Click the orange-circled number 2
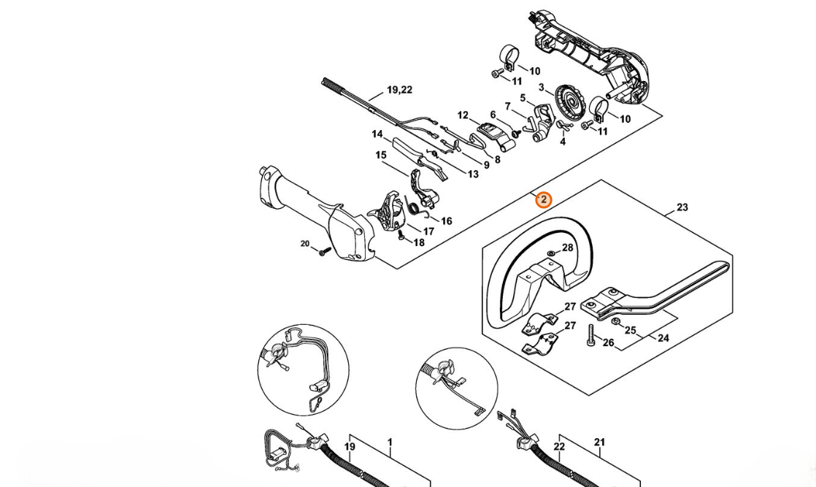pyautogui.click(x=543, y=199)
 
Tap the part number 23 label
pyautogui.click(x=682, y=207)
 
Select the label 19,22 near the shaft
pyautogui.click(x=399, y=90)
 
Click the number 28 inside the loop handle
pyautogui.click(x=567, y=248)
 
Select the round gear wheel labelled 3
pyautogui.click(x=571, y=100)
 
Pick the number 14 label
pyautogui.click(x=377, y=134)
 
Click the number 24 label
pyautogui.click(x=663, y=338)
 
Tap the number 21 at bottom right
pyautogui.click(x=599, y=442)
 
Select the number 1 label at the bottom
pyautogui.click(x=390, y=442)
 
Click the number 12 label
pyautogui.click(x=463, y=115)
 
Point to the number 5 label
pyautogui.click(x=523, y=99)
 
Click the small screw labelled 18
pyautogui.click(x=401, y=235)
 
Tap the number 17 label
pyautogui.click(x=428, y=231)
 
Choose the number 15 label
pyautogui.click(x=380, y=155)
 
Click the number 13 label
pyautogui.click(x=473, y=174)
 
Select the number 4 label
pyautogui.click(x=562, y=142)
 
